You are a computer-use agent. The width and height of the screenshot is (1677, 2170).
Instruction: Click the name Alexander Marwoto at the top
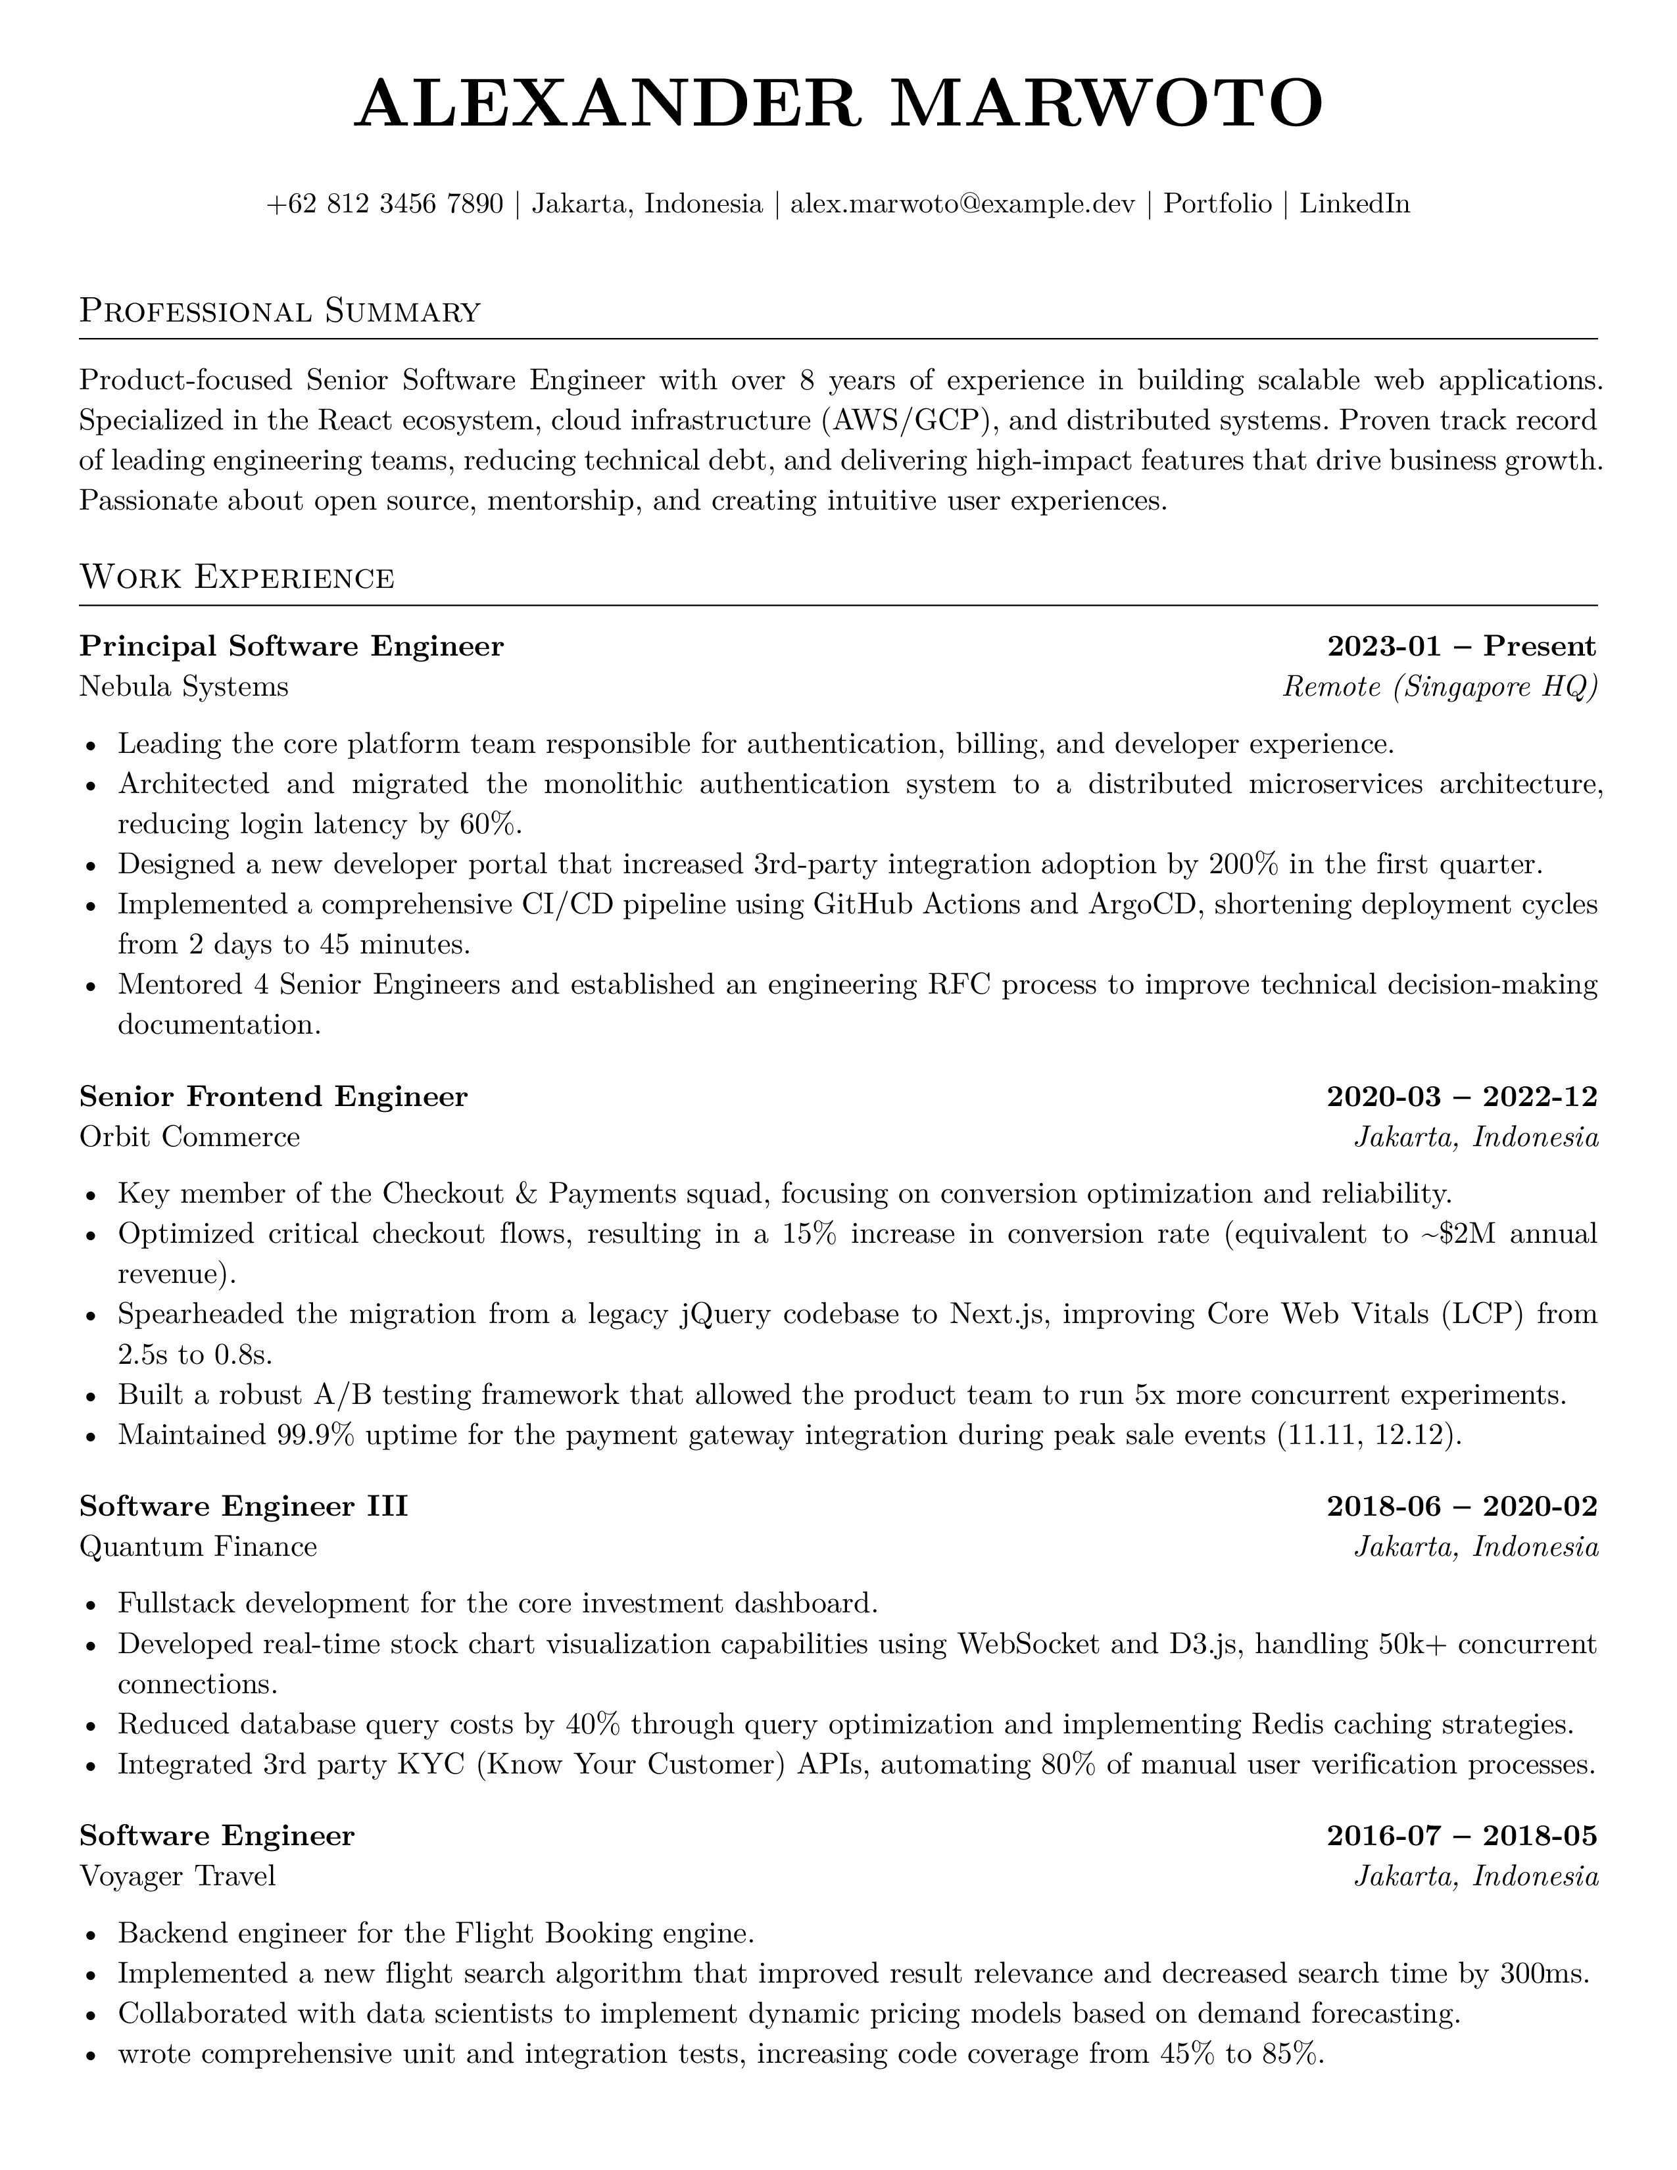click(838, 103)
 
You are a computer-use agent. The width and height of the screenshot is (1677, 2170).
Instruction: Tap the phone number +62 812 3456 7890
click(385, 204)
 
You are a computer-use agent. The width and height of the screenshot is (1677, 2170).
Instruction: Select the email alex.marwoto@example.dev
click(961, 204)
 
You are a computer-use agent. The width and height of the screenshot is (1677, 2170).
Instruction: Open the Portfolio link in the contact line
click(1217, 204)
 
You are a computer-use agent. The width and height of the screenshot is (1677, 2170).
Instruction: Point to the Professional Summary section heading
click(280, 311)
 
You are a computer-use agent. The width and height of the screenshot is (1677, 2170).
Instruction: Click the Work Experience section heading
click(237, 577)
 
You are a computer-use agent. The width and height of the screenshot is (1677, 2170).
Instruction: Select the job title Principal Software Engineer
click(291, 647)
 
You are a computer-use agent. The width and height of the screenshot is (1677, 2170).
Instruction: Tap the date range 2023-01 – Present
click(1461, 647)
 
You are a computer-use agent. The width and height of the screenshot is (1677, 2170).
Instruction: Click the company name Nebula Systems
click(183, 687)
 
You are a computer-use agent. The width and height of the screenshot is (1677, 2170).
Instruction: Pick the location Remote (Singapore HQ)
click(1440, 687)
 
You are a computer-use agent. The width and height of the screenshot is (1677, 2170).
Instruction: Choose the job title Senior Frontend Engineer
click(273, 1097)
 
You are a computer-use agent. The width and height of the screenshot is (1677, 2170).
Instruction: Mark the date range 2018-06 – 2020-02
click(1461, 1507)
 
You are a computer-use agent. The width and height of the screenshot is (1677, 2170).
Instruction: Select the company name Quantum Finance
click(198, 1547)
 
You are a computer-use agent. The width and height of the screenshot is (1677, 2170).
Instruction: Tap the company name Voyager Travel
click(177, 1876)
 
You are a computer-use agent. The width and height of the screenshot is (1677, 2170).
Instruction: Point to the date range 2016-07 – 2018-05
click(1461, 1836)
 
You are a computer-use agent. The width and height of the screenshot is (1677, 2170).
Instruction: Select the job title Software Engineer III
click(243, 1507)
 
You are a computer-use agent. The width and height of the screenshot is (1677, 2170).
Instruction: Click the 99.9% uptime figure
click(312, 1435)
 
